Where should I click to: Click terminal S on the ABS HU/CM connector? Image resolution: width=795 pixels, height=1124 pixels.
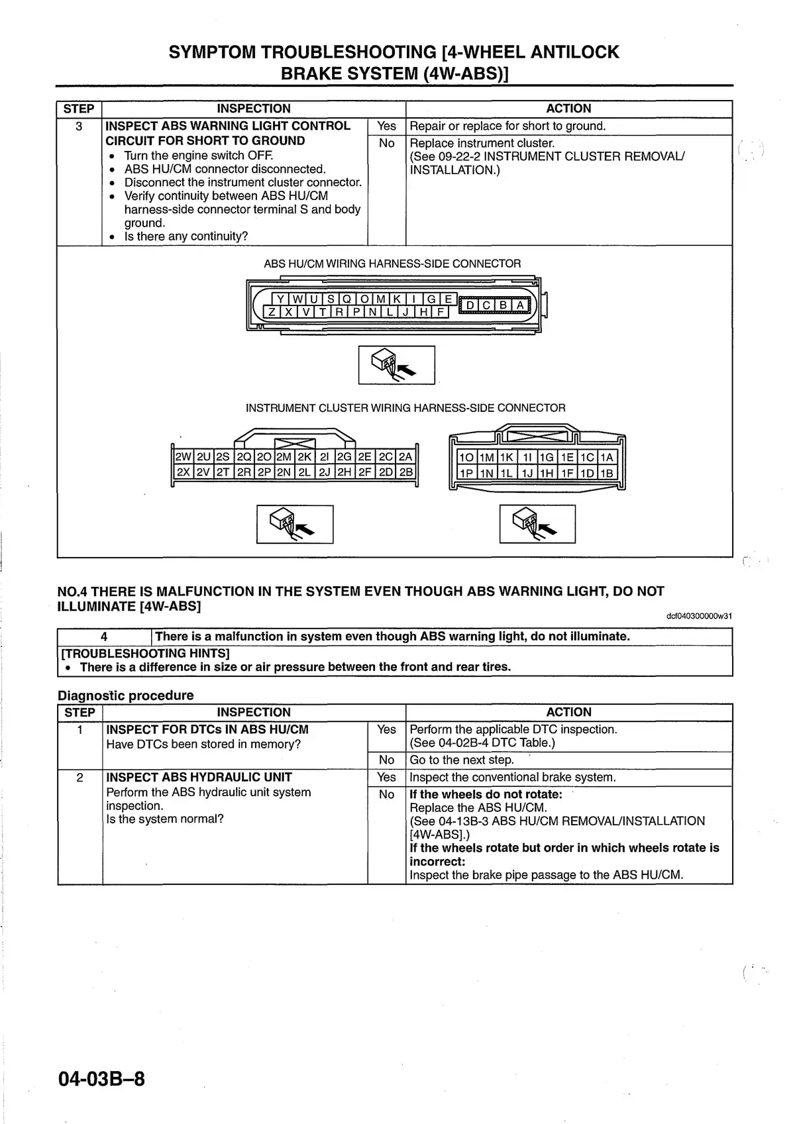[331, 299]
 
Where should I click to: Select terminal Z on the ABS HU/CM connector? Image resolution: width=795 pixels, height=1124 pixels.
[272, 312]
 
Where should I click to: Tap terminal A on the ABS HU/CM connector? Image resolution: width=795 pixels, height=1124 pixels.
[521, 305]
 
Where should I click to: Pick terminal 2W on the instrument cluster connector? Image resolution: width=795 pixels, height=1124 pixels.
[182, 457]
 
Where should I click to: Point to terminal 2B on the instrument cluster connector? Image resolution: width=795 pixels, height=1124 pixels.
[406, 472]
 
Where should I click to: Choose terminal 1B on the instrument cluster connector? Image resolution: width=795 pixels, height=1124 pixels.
[607, 473]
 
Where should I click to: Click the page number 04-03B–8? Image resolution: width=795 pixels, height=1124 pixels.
[101, 1080]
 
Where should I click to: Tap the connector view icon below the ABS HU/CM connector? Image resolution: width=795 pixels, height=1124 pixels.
[396, 365]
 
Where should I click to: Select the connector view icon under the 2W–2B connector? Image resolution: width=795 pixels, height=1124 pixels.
[295, 524]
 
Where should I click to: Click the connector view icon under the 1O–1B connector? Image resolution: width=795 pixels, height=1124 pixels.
[537, 524]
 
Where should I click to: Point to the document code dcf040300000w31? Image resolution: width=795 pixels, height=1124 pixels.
[699, 616]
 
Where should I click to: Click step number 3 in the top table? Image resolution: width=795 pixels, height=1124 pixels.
[79, 127]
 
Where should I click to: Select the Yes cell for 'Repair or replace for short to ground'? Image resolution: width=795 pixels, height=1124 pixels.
[386, 126]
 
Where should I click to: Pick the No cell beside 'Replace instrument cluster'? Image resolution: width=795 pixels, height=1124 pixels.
[386, 143]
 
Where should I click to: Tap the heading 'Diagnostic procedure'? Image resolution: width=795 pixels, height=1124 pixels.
[126, 695]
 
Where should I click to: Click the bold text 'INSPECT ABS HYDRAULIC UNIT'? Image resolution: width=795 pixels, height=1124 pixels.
[199, 777]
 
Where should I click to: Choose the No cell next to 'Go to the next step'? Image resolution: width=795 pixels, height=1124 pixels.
[386, 760]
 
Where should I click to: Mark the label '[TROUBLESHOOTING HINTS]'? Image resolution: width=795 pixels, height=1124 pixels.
[145, 653]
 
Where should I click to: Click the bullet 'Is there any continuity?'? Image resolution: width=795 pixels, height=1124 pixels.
[185, 236]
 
